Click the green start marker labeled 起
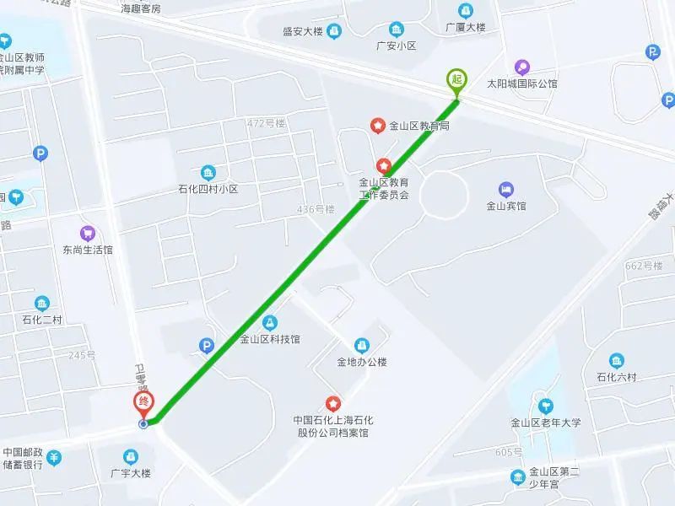click(456, 79)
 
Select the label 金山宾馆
click(506, 206)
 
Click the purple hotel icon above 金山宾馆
click(506, 189)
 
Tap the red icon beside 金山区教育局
click(378, 126)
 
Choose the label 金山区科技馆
click(269, 340)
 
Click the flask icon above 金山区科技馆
click(269, 322)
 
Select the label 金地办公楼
click(362, 363)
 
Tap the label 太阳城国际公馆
click(522, 83)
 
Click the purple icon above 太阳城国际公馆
click(522, 67)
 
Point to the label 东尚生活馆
click(88, 250)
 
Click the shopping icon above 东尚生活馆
click(88, 233)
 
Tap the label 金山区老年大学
click(546, 423)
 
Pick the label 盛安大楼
click(303, 32)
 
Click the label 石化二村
click(42, 320)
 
